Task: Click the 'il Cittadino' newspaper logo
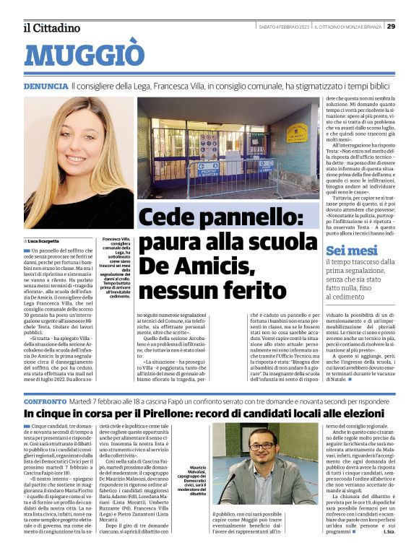(51, 27)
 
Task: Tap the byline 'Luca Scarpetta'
(45, 240)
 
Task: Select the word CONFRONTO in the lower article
(46, 400)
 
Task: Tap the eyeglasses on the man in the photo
(262, 444)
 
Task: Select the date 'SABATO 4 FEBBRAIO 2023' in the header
(284, 27)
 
